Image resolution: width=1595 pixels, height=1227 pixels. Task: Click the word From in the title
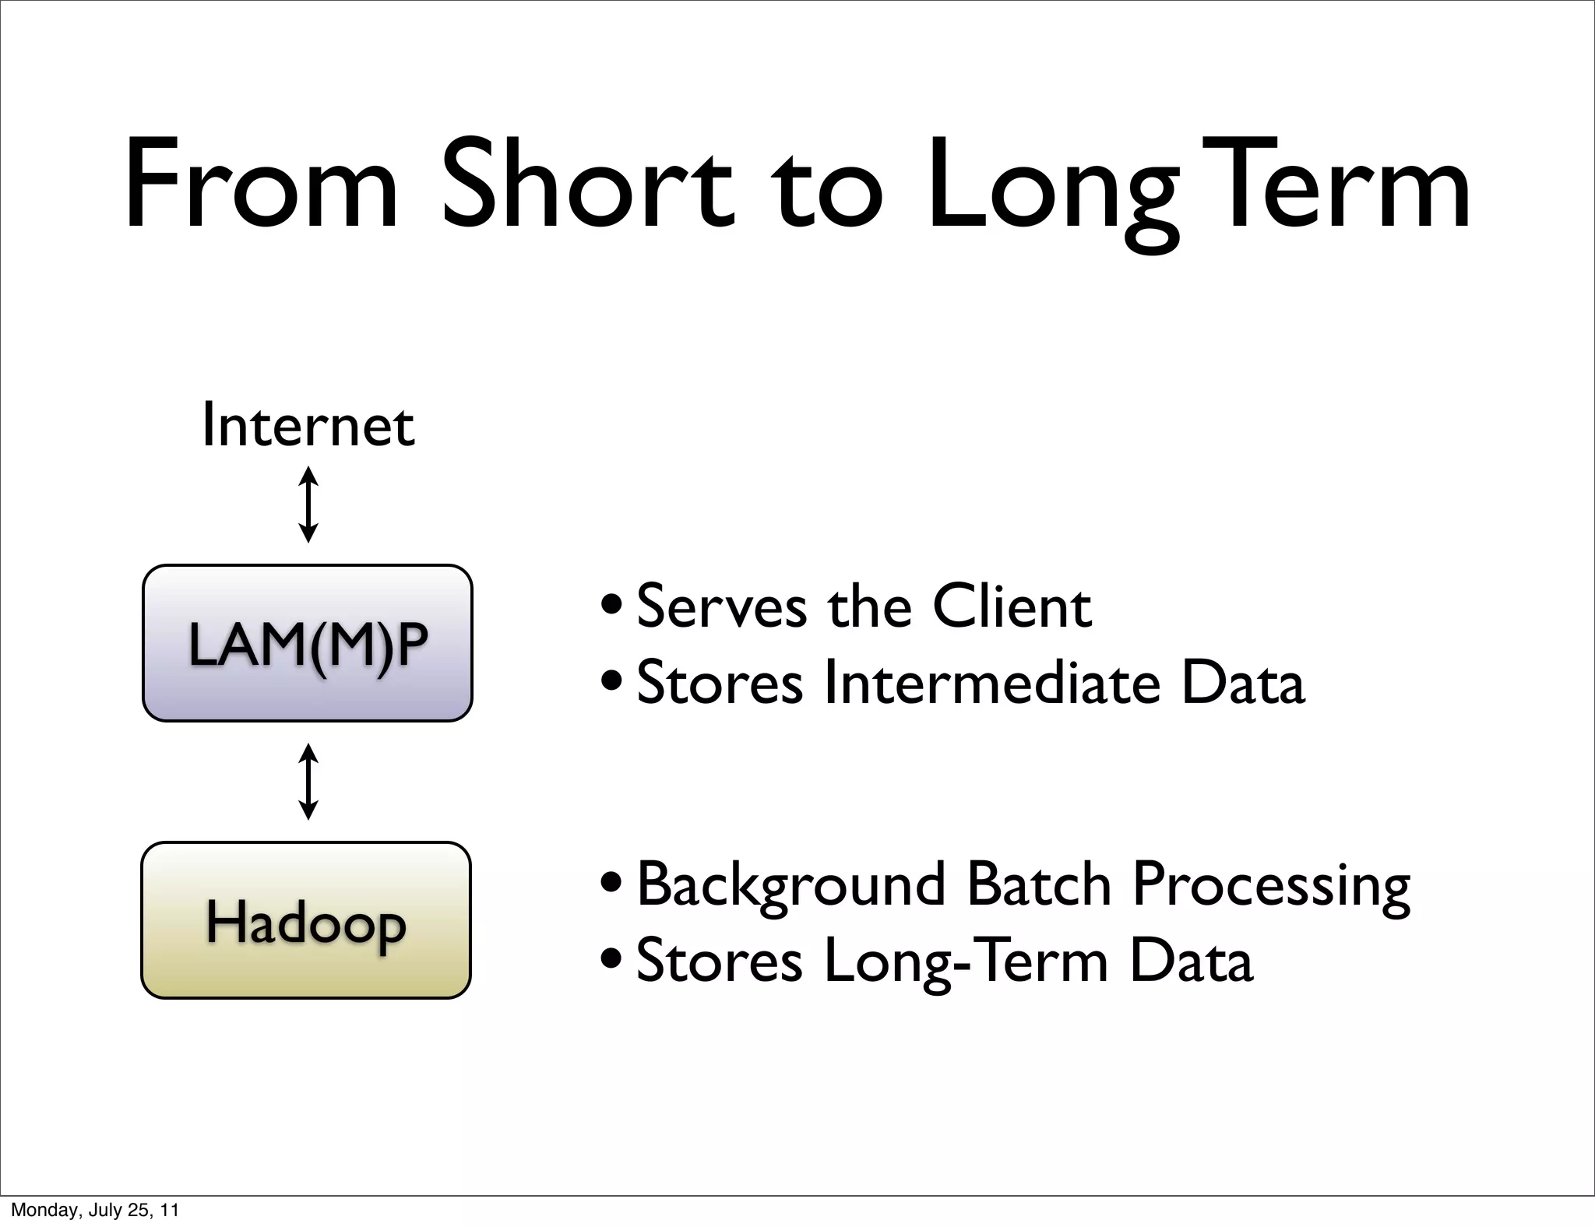click(x=262, y=187)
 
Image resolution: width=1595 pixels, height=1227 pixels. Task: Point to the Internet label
click(x=308, y=426)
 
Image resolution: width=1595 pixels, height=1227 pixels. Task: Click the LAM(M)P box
click(x=308, y=643)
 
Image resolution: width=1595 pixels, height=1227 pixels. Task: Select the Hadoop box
click(x=306, y=920)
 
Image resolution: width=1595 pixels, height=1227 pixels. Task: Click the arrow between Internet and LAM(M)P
click(x=308, y=505)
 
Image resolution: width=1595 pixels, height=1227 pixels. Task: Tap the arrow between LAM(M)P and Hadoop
click(x=308, y=782)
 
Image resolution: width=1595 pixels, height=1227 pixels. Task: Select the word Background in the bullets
click(x=790, y=885)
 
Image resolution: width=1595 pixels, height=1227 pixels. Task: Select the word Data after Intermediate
click(x=1242, y=682)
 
